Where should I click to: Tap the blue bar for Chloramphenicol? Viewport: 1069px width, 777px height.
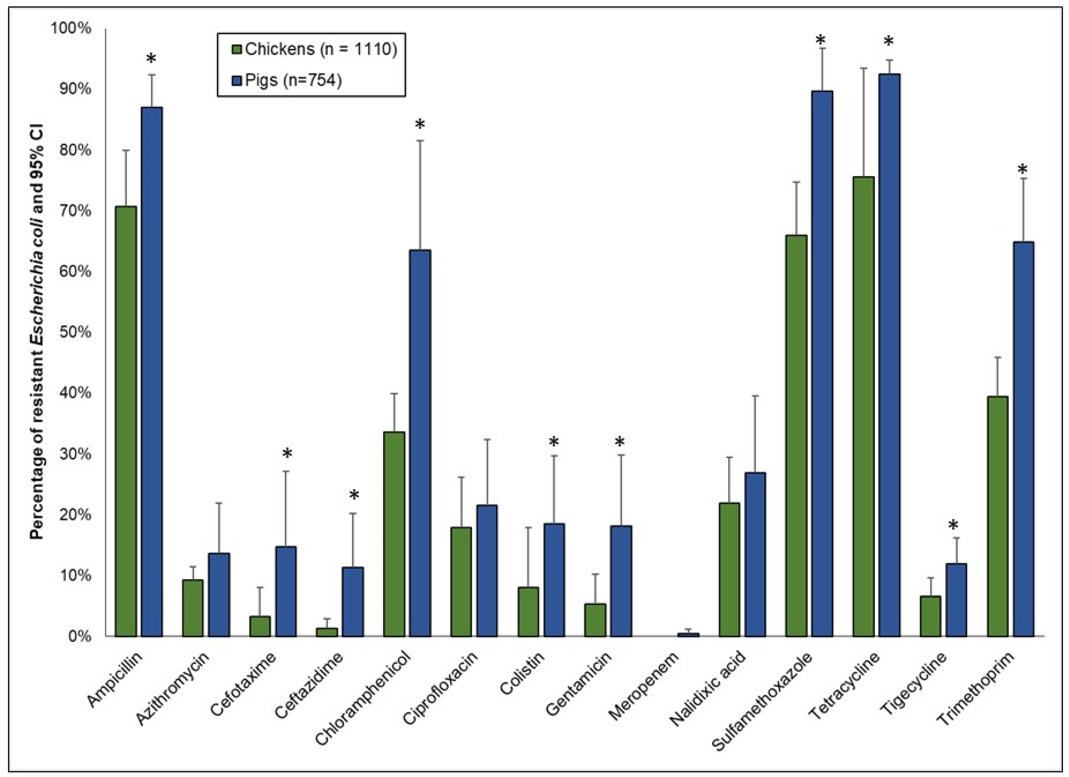point(420,443)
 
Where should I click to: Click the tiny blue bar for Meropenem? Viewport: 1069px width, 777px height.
point(688,635)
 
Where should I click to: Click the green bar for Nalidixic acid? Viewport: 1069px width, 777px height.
point(729,570)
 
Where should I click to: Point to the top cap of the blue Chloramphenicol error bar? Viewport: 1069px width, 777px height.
point(420,141)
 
